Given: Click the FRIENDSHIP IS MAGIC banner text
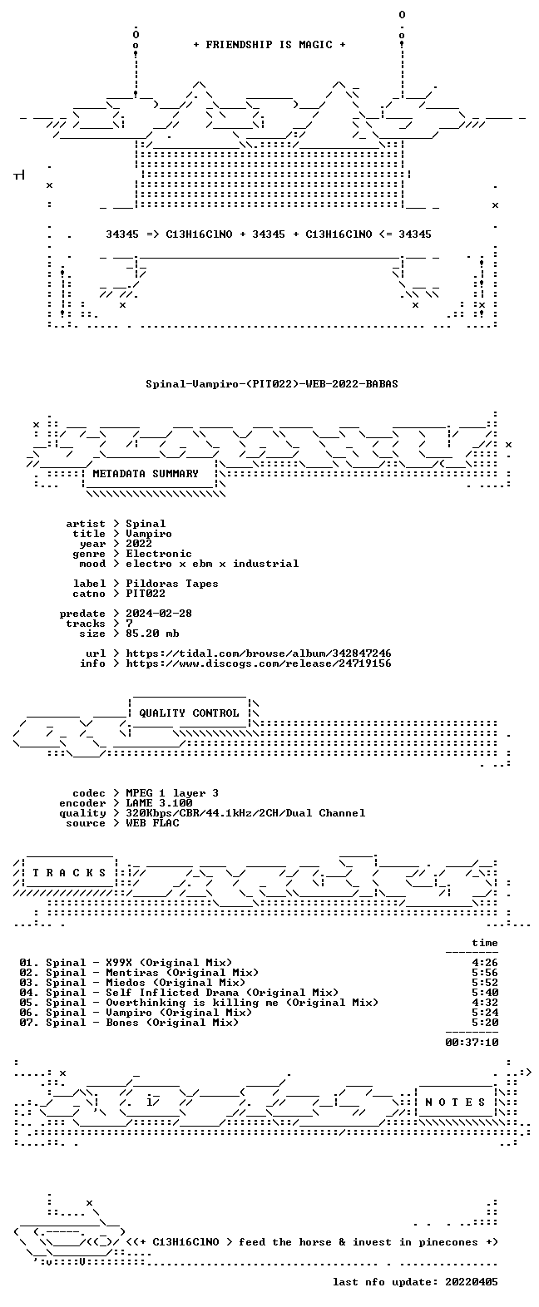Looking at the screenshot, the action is tap(269, 45).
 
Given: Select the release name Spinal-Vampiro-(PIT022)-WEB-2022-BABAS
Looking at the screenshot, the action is tap(271, 384).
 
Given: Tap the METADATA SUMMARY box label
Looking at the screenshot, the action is tap(146, 474).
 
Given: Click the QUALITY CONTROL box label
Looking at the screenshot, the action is tap(189, 713).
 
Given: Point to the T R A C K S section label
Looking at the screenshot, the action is tap(69, 873).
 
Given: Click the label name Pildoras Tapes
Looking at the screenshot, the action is tap(171, 584).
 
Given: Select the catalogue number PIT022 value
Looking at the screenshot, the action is tap(146, 594).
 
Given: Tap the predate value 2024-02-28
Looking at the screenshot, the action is tap(159, 614).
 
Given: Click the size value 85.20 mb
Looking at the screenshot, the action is tap(152, 633).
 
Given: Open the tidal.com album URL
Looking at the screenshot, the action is tap(259, 653).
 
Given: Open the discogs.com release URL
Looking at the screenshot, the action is tap(259, 663).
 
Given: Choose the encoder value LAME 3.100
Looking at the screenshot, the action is tap(159, 803).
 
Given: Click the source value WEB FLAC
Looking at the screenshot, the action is tap(152, 823).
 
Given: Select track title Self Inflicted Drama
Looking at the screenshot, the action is tap(172, 993).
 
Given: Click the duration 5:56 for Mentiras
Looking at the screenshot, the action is tap(485, 973).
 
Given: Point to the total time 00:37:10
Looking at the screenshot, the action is tap(472, 1042).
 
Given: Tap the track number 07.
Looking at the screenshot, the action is tap(27, 1023).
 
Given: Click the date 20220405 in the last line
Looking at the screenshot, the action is tap(472, 1282).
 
